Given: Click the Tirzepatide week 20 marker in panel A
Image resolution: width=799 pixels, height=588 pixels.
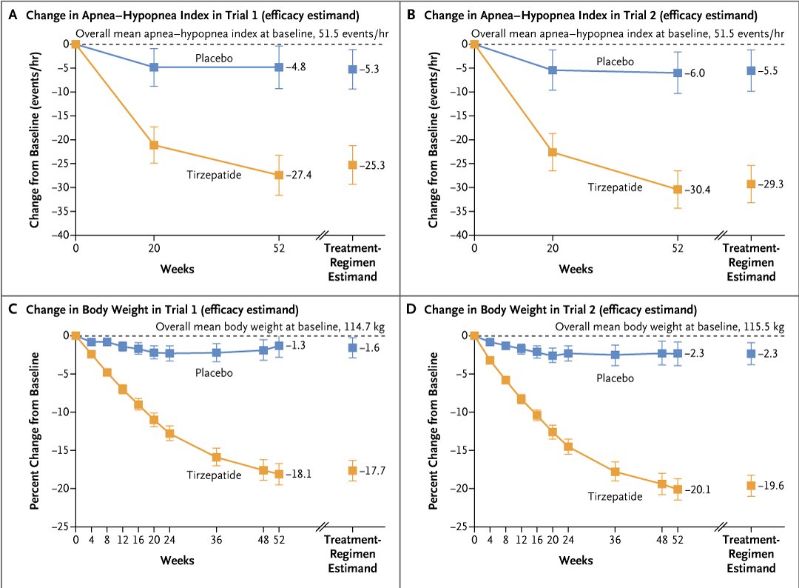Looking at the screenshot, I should (x=154, y=144).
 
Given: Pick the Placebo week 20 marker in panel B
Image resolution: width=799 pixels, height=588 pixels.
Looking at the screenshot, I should (x=552, y=70).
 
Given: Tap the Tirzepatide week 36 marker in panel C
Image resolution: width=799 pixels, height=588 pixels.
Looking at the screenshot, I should (x=216, y=457).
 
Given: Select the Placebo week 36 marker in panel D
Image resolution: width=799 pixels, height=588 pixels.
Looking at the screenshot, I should (x=615, y=355).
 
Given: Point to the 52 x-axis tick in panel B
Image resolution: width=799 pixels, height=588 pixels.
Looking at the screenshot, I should (x=677, y=248).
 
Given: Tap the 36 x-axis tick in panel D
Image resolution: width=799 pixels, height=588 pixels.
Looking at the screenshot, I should (x=615, y=540).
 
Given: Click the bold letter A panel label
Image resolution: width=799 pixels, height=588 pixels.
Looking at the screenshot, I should (x=11, y=14).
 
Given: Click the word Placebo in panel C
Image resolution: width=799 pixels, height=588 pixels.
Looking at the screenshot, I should (x=214, y=372).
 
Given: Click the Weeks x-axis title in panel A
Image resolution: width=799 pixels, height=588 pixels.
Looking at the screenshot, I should (x=178, y=268).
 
